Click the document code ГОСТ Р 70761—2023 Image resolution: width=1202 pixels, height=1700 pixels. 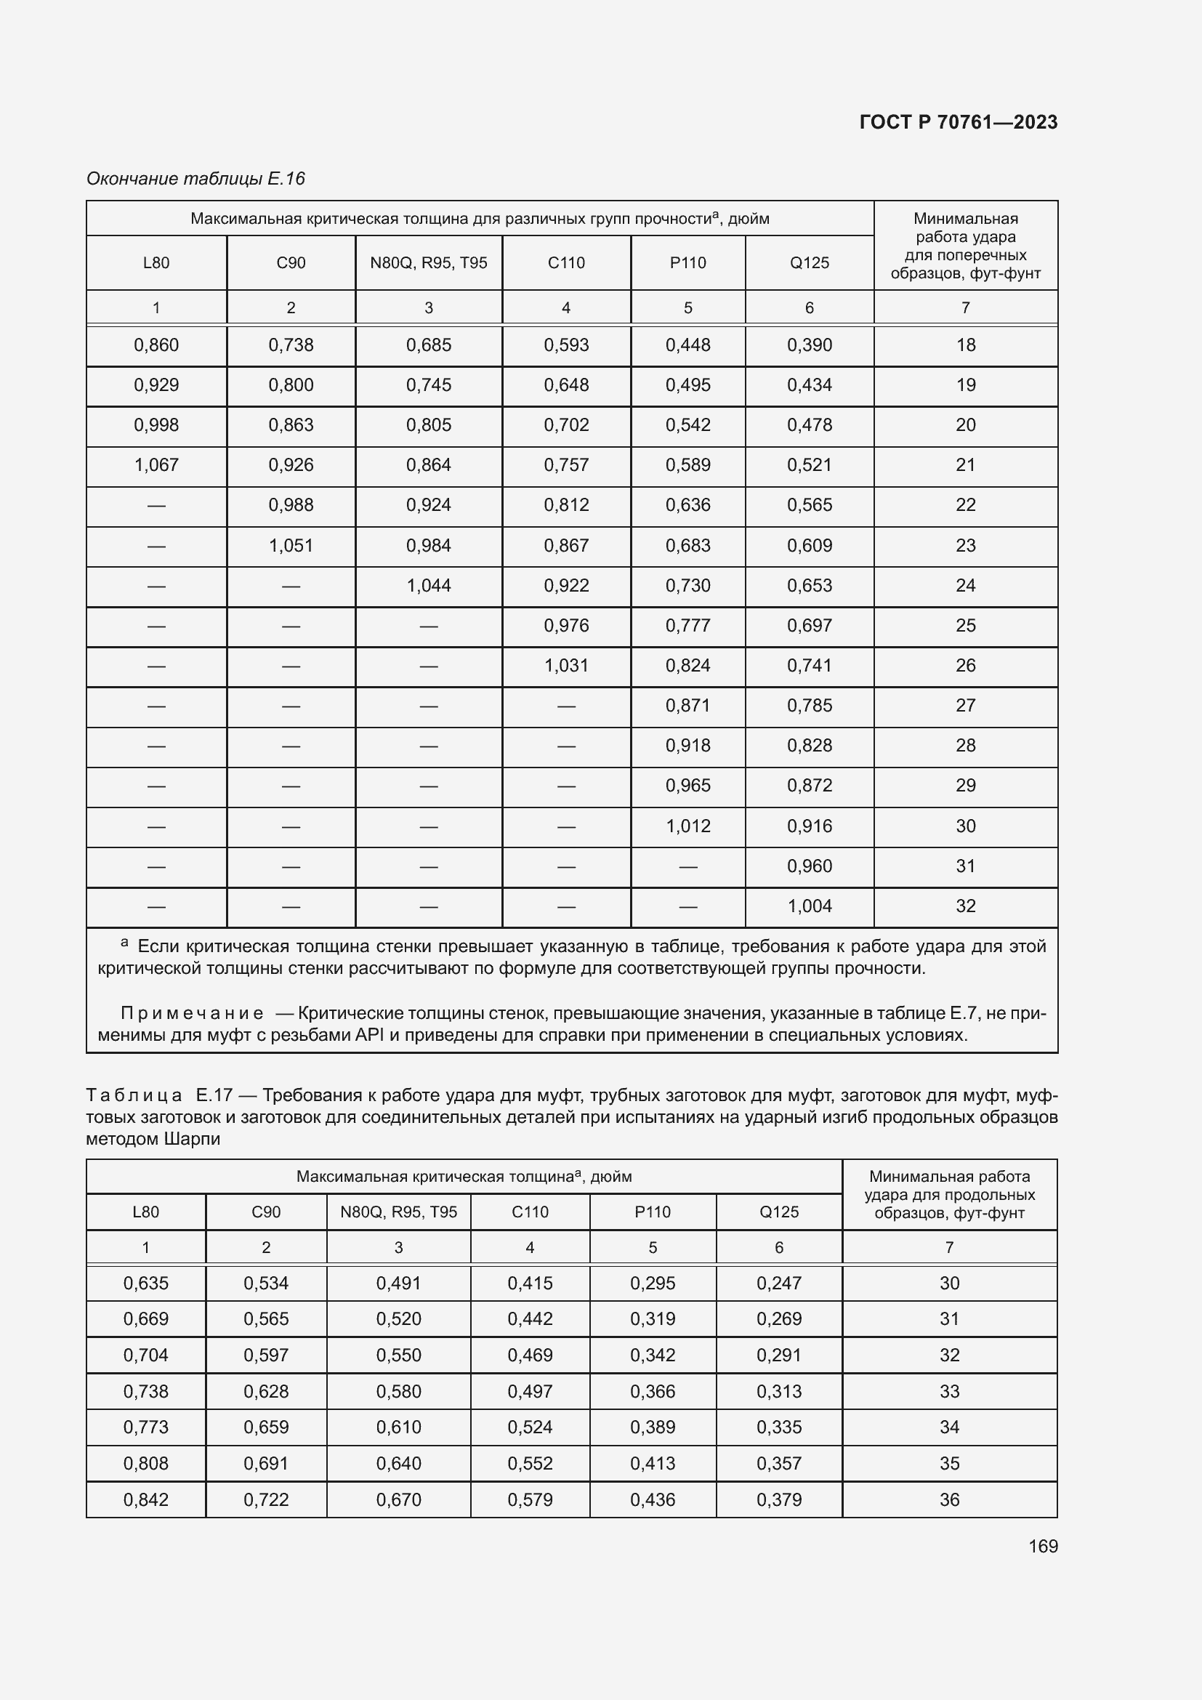pyautogui.click(x=959, y=122)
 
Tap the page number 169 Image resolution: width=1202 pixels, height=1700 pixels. pyautogui.click(x=1043, y=1547)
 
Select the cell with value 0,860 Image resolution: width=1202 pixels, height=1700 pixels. pyautogui.click(x=156, y=345)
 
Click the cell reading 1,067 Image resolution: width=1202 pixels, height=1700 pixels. pyautogui.click(x=156, y=465)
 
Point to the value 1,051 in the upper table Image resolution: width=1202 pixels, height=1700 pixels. pyautogui.click(x=291, y=546)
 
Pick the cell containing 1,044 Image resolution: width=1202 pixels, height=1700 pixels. pyautogui.click(x=429, y=586)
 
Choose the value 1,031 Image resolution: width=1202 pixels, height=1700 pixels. pyautogui.click(x=566, y=666)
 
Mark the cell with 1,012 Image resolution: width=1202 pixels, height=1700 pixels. pyautogui.click(x=687, y=826)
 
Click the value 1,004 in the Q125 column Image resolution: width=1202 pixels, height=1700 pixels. pyautogui.click(x=809, y=906)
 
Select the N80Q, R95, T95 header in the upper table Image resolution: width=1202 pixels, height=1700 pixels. pyautogui.click(x=429, y=263)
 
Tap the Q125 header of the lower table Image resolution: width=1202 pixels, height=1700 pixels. pyautogui.click(x=778, y=1212)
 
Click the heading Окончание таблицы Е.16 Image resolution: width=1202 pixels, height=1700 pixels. pyautogui.click(x=195, y=179)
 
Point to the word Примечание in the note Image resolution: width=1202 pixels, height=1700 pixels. pyautogui.click(x=192, y=1013)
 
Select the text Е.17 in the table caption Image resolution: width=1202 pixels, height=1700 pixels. pyautogui.click(x=214, y=1095)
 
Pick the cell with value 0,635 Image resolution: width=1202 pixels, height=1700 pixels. pyautogui.click(x=146, y=1283)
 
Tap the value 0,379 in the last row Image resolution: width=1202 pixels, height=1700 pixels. pyautogui.click(x=778, y=1499)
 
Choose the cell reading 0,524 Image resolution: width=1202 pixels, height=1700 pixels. pyautogui.click(x=530, y=1427)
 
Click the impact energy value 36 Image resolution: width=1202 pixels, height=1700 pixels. pyautogui.click(x=949, y=1499)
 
